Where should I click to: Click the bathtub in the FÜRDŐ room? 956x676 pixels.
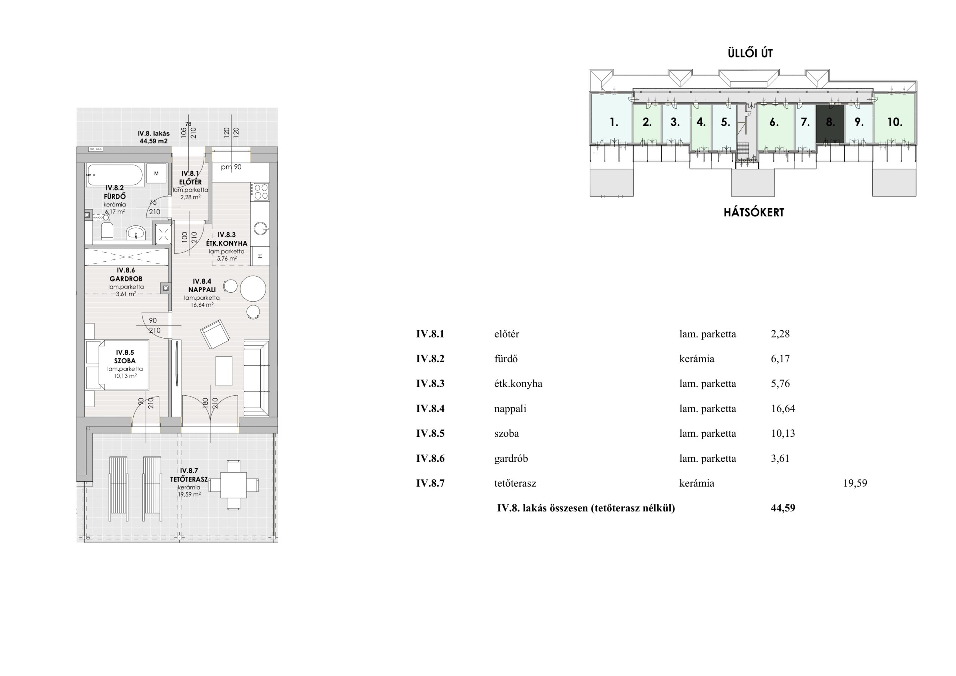(115, 175)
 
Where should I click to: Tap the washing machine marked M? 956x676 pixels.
(156, 174)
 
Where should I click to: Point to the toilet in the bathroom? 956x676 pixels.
(108, 231)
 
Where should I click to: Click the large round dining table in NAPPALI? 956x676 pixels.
(253, 289)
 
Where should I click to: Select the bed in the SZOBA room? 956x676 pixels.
(117, 365)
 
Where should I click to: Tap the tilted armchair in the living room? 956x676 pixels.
(215, 334)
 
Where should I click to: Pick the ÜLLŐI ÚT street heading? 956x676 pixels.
(750, 53)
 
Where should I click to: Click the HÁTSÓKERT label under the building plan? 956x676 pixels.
(754, 212)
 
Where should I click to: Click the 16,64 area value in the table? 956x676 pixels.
(783, 408)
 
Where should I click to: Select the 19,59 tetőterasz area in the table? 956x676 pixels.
(855, 483)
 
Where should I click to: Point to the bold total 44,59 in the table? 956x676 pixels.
(783, 508)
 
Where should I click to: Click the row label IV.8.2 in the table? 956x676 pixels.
(430, 359)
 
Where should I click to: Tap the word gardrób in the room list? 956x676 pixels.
(511, 459)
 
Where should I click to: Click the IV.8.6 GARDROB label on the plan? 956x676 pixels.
(126, 275)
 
